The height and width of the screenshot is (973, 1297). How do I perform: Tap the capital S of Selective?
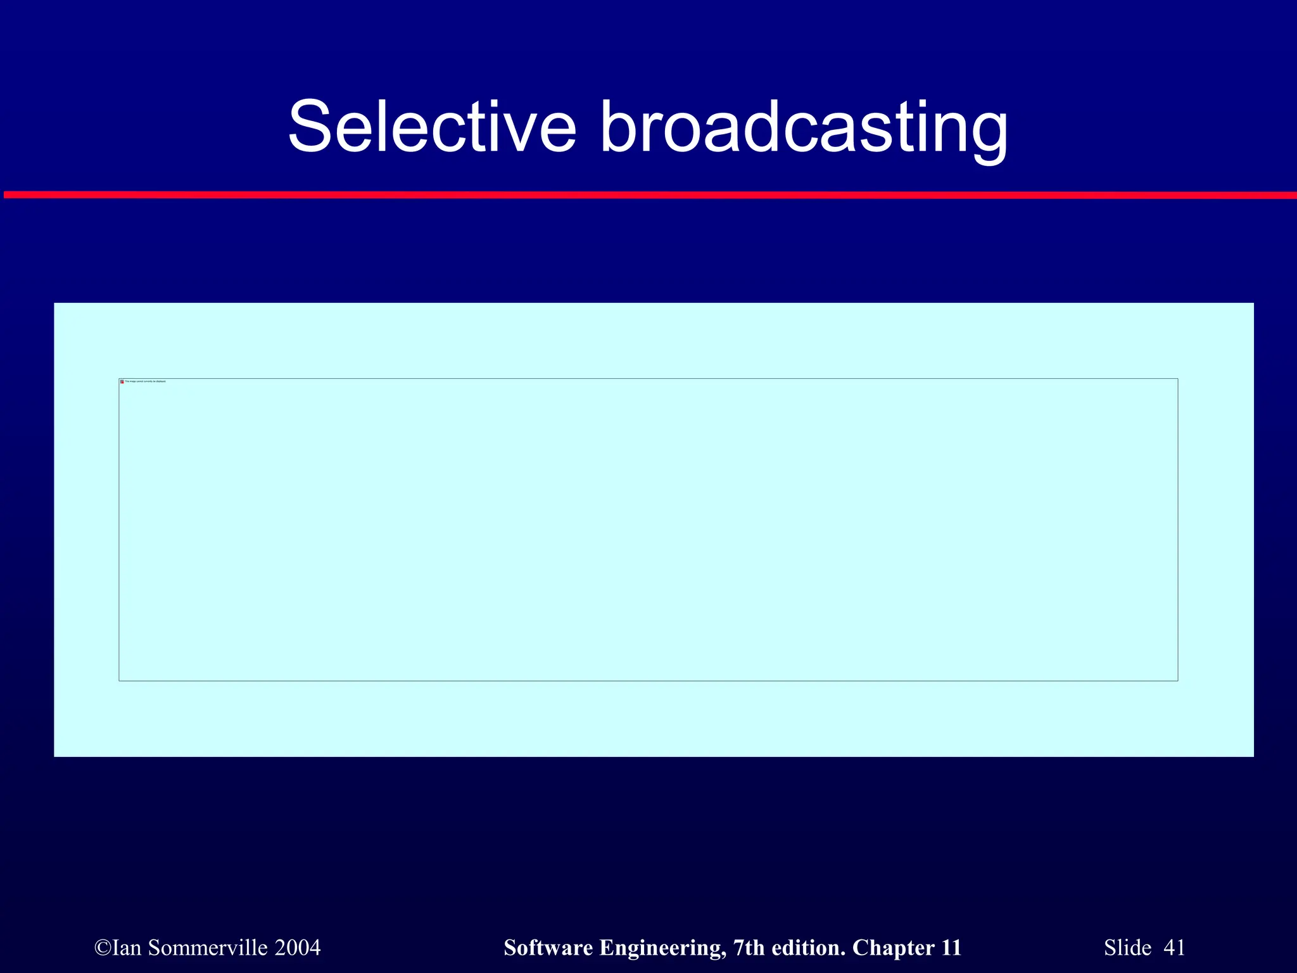pyautogui.click(x=310, y=127)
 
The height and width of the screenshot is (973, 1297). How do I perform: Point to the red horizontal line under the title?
pyautogui.click(x=648, y=195)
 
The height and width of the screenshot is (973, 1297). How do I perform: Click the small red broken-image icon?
pyautogui.click(x=122, y=382)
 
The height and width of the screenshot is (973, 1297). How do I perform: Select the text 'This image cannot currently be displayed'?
pyautogui.click(x=146, y=382)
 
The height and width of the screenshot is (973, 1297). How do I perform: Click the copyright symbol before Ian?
pyautogui.click(x=102, y=948)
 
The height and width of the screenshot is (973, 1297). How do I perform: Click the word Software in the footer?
pyautogui.click(x=548, y=948)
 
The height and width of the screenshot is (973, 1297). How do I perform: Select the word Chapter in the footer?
pyautogui.click(x=894, y=948)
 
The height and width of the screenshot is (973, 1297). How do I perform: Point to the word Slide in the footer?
pyautogui.click(x=1127, y=948)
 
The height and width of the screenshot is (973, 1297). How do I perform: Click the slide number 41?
pyautogui.click(x=1174, y=948)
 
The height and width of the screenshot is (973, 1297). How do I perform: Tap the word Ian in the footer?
pyautogui.click(x=127, y=948)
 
